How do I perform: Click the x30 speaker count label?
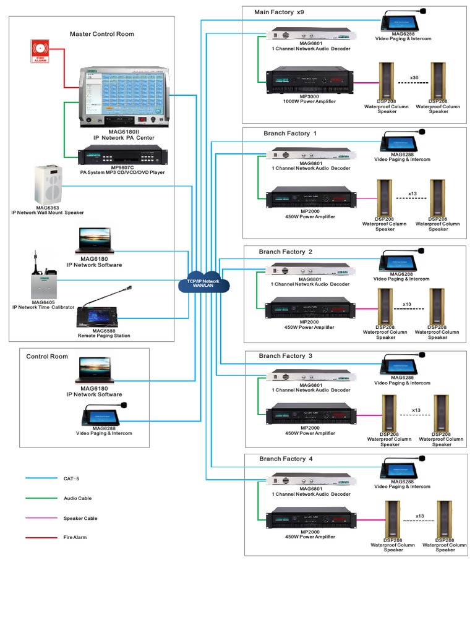click(x=414, y=78)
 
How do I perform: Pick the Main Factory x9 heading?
click(x=279, y=12)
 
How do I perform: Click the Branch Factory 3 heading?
click(x=286, y=356)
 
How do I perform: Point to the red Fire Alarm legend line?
click(x=39, y=538)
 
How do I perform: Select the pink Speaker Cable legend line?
click(x=39, y=518)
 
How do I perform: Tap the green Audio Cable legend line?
click(x=39, y=498)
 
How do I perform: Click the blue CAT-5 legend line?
click(x=39, y=478)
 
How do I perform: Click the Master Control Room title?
click(x=101, y=34)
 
